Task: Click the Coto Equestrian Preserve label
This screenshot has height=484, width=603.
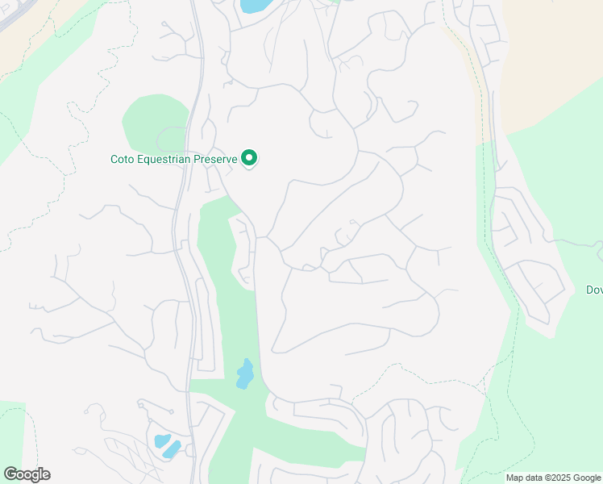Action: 173,159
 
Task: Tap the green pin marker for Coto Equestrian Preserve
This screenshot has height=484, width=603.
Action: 250,158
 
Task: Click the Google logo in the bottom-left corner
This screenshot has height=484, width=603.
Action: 27,474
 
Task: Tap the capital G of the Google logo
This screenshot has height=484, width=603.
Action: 10,474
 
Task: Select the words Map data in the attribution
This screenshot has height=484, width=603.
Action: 525,478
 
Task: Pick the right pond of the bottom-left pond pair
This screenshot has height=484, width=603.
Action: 172,449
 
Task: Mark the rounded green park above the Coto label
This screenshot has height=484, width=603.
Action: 153,121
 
